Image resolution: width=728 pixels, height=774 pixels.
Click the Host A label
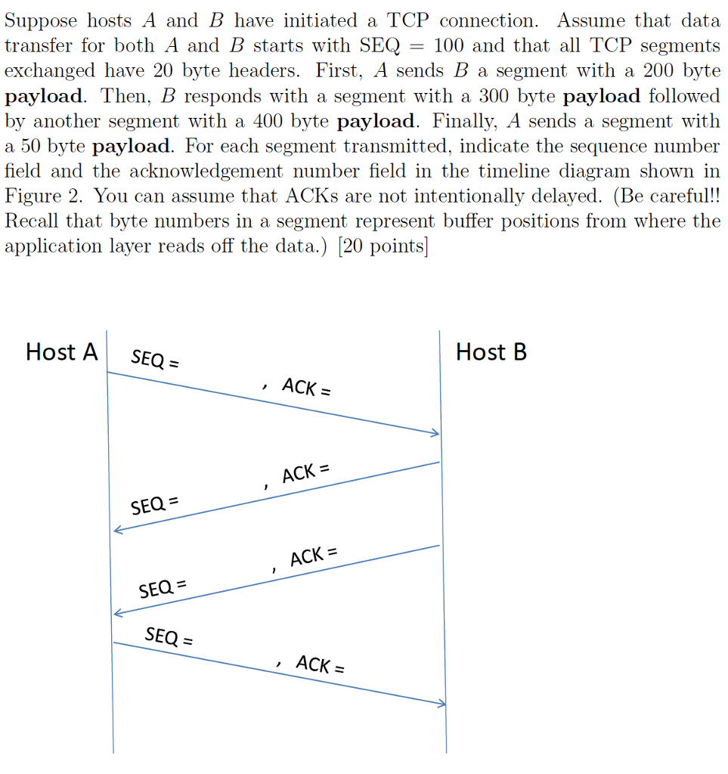(x=62, y=352)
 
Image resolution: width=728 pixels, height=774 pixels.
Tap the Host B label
(x=491, y=352)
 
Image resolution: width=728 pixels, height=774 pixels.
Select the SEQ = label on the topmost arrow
(x=155, y=359)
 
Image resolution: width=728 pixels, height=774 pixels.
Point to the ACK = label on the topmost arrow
(x=306, y=389)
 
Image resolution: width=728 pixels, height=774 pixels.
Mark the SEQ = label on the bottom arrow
(x=169, y=636)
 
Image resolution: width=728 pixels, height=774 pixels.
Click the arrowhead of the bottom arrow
(x=442, y=704)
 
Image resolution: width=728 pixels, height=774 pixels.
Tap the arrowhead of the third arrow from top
(x=116, y=613)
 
